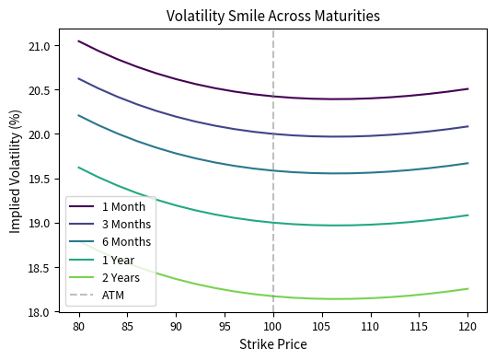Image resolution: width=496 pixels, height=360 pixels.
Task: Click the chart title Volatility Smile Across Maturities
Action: point(272,16)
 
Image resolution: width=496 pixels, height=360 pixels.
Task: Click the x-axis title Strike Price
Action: point(272,344)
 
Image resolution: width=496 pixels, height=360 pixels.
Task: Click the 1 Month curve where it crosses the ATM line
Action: point(273,96)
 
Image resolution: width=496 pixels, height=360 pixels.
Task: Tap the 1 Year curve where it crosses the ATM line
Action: point(273,223)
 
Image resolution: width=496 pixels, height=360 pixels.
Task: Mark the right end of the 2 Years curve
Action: point(467,288)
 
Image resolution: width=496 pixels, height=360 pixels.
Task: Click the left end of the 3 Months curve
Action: point(79,78)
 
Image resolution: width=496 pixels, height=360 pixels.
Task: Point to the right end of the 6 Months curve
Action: point(467,163)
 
